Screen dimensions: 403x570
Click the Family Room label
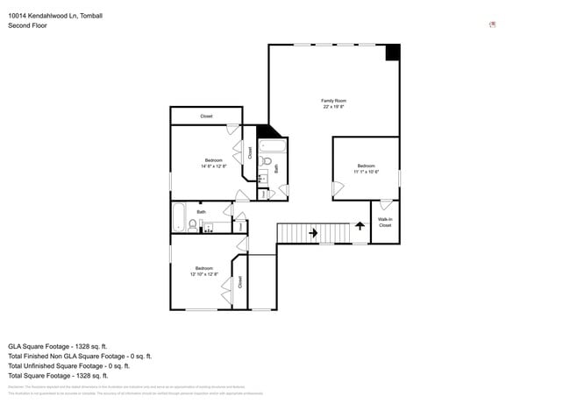333,101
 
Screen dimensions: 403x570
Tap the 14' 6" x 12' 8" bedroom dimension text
214,166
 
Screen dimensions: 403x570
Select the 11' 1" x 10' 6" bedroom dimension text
366,172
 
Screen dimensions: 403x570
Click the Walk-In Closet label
385,223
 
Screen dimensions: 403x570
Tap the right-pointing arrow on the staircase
313,233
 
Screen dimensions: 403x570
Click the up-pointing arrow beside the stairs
359,226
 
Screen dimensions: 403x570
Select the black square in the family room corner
393,53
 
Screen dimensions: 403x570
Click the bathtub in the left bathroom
178,215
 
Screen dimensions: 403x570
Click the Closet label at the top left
206,116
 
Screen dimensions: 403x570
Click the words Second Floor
27,25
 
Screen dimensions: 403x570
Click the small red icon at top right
493,25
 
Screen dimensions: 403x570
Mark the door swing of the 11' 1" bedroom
338,187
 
